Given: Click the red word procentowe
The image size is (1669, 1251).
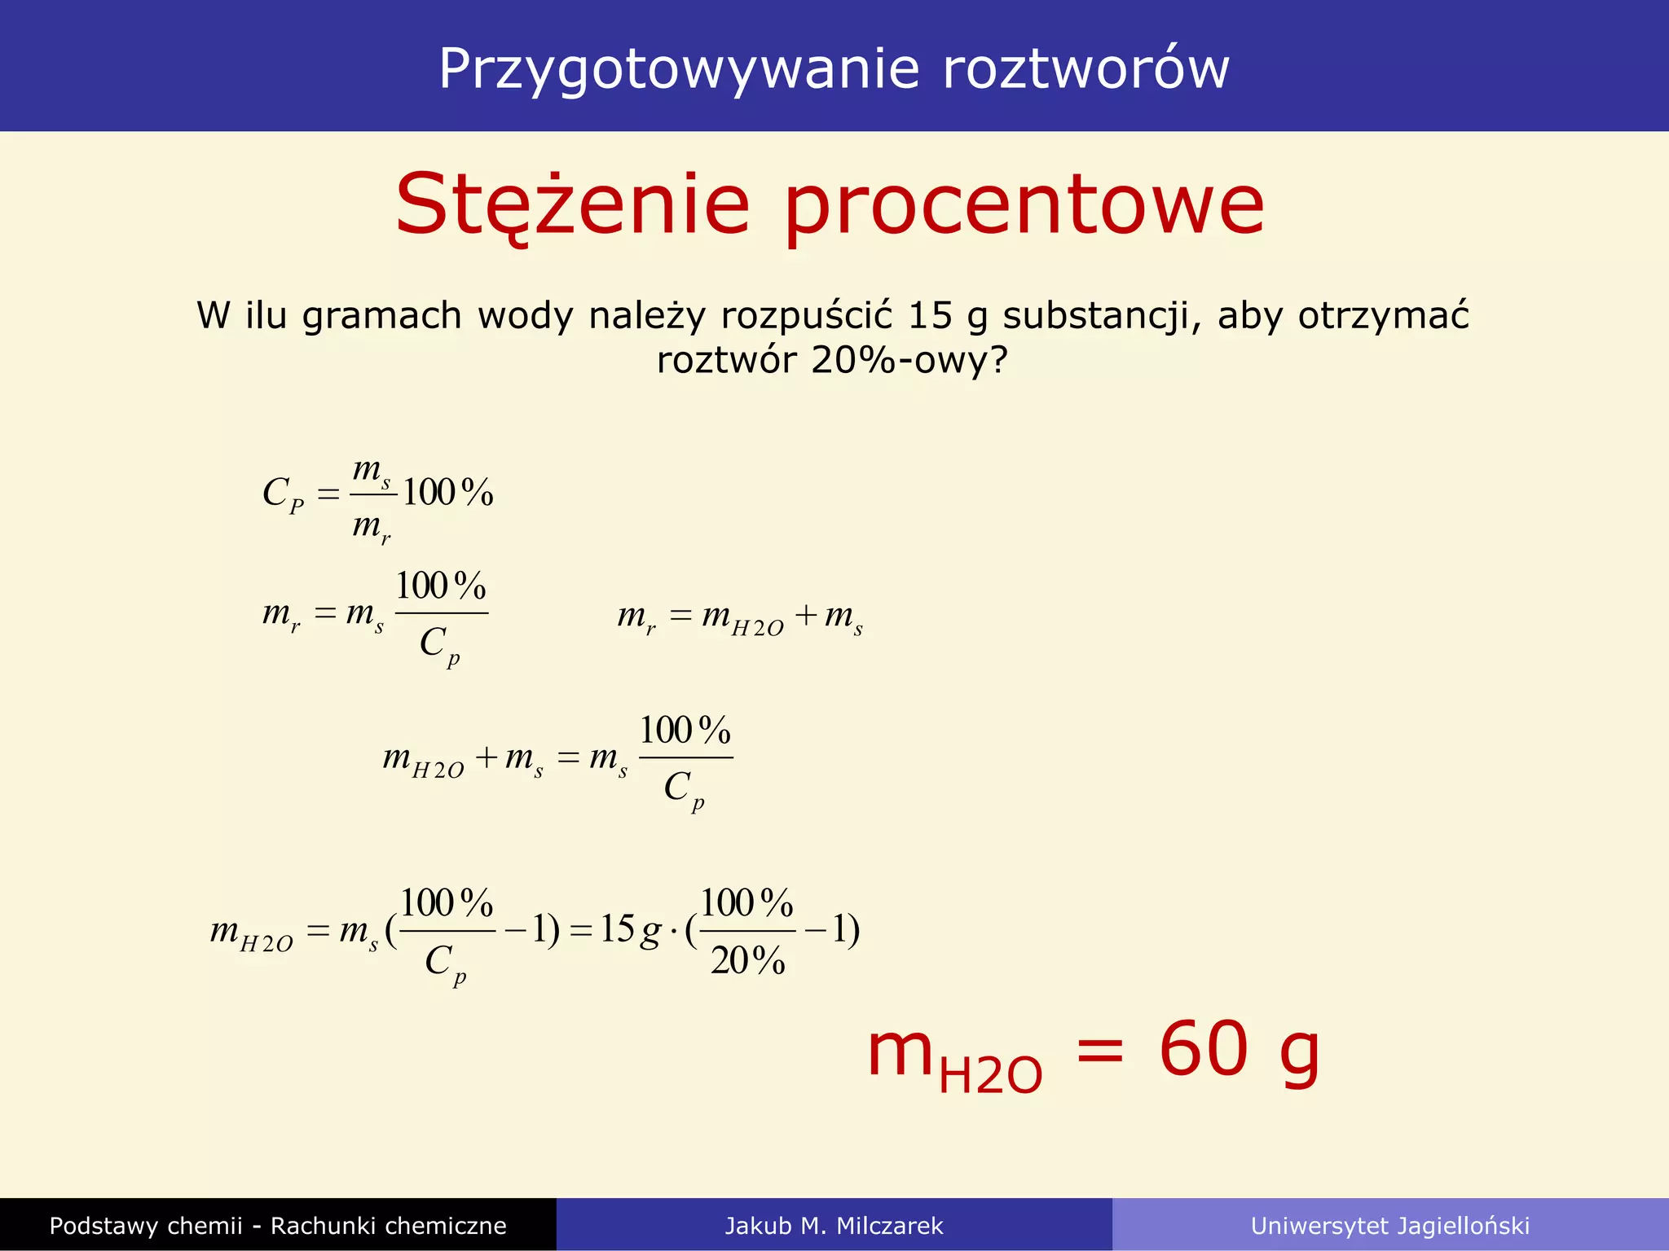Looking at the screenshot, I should pos(1024,205).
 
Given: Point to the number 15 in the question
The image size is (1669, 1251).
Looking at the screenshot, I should pos(930,315).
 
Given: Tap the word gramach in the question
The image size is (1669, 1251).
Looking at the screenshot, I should pos(382,316).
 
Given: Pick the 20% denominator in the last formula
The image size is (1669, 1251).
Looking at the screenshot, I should pos(747,960).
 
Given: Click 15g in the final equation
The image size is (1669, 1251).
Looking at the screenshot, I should pos(630,929).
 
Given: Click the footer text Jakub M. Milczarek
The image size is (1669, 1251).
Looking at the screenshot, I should pos(834,1226).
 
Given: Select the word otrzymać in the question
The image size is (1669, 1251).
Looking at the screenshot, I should pos(1384,315).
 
